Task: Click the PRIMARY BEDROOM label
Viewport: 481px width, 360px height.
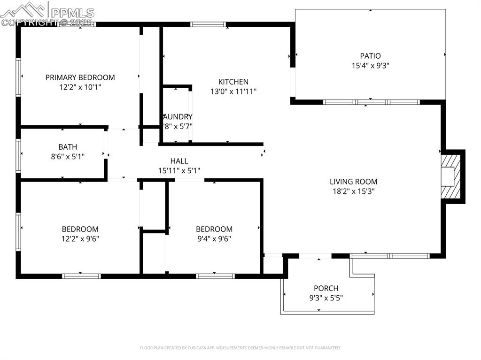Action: [x=80, y=77]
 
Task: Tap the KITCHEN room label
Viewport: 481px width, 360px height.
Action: [x=233, y=82]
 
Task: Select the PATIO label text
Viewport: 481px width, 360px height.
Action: [x=370, y=56]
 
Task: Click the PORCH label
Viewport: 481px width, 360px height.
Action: [x=326, y=288]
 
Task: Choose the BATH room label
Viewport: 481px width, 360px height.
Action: [x=68, y=147]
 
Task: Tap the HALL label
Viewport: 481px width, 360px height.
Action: [x=179, y=161]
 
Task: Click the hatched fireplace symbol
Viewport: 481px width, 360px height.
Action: [x=449, y=176]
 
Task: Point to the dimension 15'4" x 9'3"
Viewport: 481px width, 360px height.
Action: [x=370, y=66]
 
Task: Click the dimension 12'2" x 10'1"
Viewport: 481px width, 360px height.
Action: [x=80, y=87]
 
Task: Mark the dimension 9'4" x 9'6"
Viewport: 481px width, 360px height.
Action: [x=214, y=239]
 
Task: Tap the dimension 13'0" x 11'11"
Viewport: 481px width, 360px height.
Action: [x=233, y=92]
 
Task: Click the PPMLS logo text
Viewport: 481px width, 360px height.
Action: [x=71, y=13]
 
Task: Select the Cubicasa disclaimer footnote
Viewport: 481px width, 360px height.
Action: [x=240, y=348]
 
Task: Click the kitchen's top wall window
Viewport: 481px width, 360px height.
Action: [x=208, y=24]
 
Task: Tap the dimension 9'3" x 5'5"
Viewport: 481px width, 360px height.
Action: [x=326, y=298]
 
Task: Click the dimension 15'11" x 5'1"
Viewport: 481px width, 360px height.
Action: [x=179, y=171]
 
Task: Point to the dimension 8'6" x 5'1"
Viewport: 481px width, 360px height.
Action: [x=68, y=157]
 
